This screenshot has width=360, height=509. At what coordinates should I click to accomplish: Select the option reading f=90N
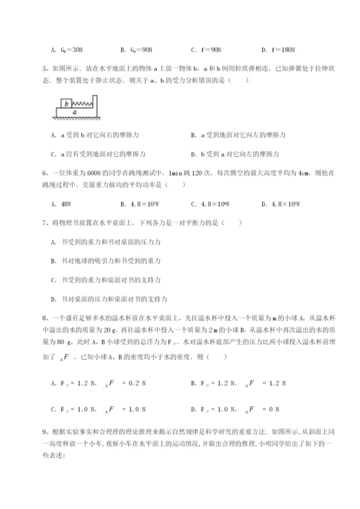(x=207, y=50)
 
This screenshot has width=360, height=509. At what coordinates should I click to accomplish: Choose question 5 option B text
(x=243, y=135)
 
